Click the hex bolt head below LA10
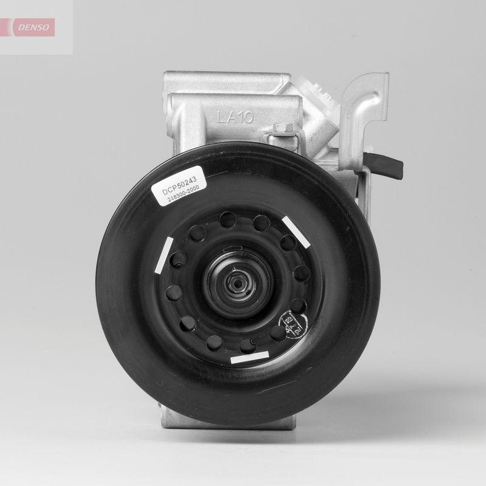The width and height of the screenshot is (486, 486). coord(282,129)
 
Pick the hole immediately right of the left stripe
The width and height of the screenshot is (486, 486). coord(179,259)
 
